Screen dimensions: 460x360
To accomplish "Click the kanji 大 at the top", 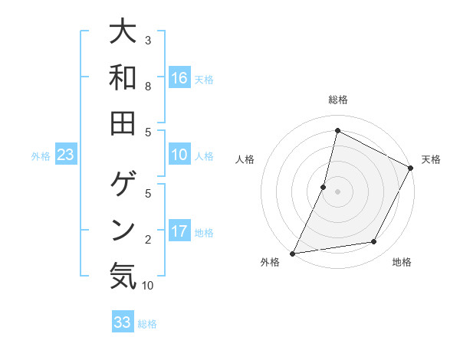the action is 123,33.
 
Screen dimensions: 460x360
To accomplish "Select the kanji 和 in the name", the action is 123,78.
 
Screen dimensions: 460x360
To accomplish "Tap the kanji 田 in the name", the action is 123,123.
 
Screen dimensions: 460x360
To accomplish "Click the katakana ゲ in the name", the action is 123,184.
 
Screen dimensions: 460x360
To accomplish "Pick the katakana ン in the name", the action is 123,229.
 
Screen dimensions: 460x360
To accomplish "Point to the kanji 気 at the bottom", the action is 123,275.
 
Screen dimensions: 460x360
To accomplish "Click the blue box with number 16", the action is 179,78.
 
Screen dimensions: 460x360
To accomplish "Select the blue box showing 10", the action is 179,155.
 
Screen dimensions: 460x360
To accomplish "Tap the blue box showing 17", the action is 179,231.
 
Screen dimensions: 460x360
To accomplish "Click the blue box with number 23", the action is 66,155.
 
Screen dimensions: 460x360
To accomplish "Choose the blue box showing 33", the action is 123,322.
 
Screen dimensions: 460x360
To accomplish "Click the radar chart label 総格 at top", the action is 337,100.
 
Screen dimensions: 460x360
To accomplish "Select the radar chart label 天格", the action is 431,159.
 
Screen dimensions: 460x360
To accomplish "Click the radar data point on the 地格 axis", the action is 374,242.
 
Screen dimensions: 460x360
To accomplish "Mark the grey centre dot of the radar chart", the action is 337,191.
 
